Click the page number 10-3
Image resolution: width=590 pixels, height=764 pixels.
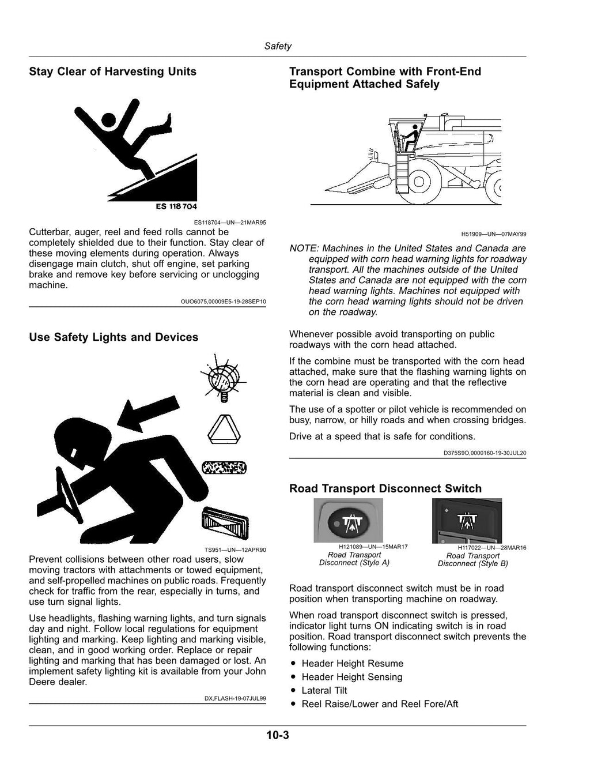point(278,735)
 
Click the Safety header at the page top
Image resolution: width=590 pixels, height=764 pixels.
point(278,46)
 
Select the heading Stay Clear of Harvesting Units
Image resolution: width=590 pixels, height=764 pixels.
point(113,71)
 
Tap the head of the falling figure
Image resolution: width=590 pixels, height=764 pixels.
point(108,120)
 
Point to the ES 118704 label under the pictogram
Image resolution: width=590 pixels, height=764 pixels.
point(176,206)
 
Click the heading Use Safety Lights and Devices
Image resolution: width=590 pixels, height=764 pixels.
point(114,337)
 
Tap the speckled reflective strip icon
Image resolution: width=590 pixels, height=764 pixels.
point(224,468)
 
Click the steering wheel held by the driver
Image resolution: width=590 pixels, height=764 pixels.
point(69,495)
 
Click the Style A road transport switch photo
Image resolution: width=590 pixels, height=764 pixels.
point(348,520)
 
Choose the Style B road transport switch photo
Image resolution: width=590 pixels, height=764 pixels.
point(467,521)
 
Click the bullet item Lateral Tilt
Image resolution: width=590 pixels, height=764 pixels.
point(324,691)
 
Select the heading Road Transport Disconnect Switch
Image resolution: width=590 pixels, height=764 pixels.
point(385,488)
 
